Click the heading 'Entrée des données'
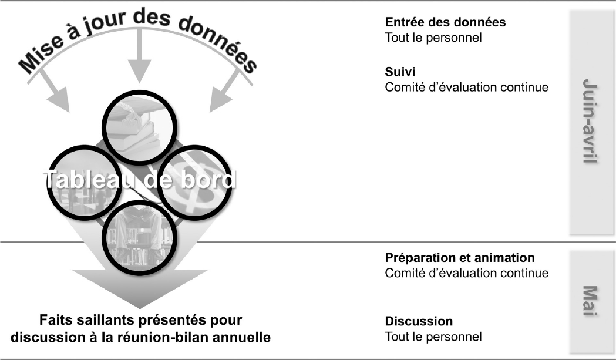click(x=445, y=22)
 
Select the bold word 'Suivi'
click(x=400, y=72)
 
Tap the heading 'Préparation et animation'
click(x=460, y=258)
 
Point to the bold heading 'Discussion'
click(x=419, y=321)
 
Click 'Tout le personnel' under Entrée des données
click(x=433, y=38)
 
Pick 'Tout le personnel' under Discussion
click(x=433, y=337)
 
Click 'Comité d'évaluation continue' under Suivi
click(x=467, y=87)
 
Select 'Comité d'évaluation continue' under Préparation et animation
click(x=467, y=272)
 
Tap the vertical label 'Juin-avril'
click(x=590, y=122)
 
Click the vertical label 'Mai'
click(x=590, y=301)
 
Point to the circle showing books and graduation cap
click(x=139, y=127)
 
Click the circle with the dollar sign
click(x=194, y=183)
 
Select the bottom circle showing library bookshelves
click(x=139, y=237)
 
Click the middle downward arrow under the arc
click(x=139, y=55)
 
